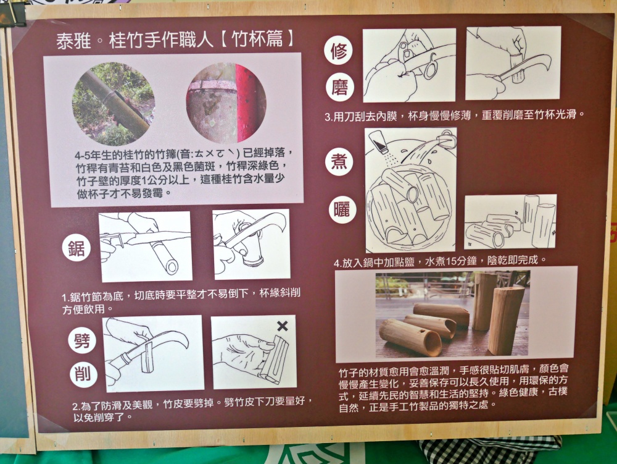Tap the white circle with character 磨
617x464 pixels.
339,86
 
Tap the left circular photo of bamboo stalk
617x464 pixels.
114,104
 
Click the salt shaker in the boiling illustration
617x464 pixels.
378,143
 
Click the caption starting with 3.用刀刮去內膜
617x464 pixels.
454,115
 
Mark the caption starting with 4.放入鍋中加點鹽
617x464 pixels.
440,261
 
